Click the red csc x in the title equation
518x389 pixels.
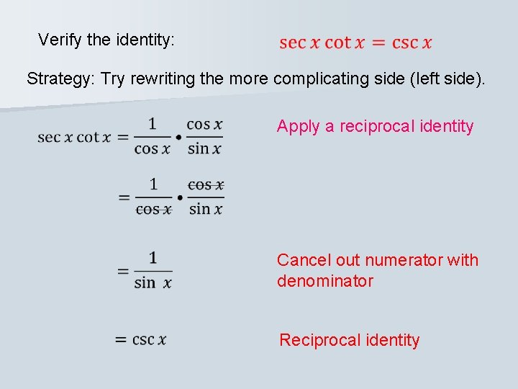click(x=412, y=43)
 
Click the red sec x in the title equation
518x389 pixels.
click(x=299, y=43)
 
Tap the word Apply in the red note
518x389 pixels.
click(x=299, y=127)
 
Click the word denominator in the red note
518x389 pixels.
click(x=325, y=281)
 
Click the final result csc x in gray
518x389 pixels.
click(x=150, y=339)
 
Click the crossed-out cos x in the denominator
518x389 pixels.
click(x=153, y=209)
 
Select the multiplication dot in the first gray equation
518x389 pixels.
click(x=178, y=136)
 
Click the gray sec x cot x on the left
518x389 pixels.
click(x=74, y=136)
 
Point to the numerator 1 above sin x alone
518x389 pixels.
click(x=153, y=258)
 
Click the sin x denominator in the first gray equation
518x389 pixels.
click(x=204, y=149)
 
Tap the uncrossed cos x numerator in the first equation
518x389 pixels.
click(x=204, y=124)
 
